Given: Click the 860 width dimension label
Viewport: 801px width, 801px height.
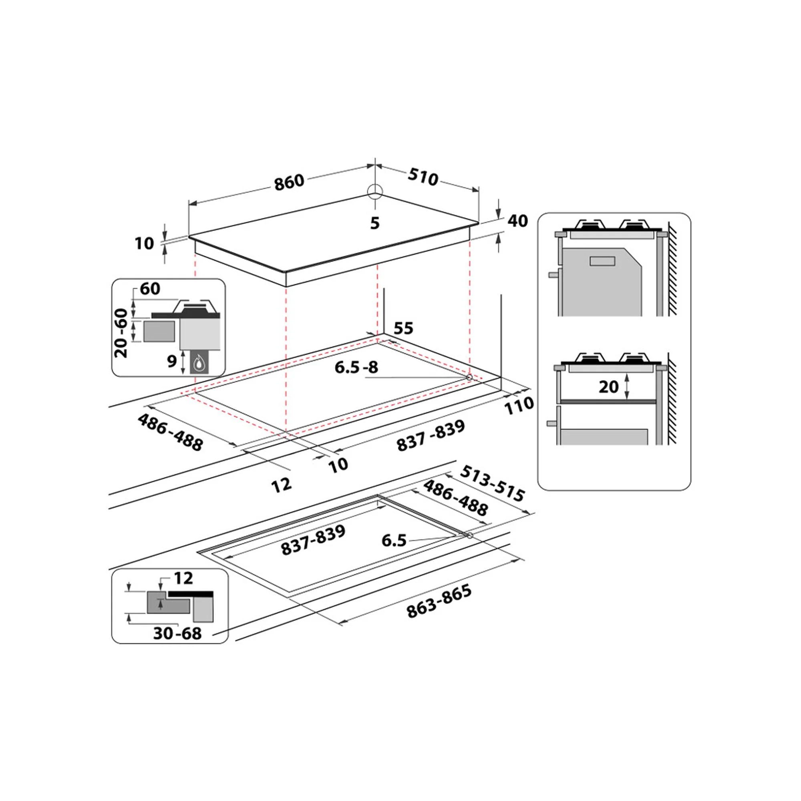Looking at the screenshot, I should tap(290, 182).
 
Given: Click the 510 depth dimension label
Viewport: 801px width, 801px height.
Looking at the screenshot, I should tap(423, 177).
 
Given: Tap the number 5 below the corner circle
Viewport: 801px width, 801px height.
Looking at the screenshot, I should tap(375, 223).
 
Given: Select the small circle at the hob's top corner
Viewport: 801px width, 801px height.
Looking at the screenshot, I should tap(375, 191).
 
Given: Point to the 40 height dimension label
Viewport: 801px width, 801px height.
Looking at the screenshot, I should tap(518, 221).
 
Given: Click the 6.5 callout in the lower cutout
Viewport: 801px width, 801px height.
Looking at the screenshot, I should tap(393, 541).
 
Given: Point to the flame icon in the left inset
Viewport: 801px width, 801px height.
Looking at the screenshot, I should tap(199, 363).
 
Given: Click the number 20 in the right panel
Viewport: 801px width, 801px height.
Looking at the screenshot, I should tap(609, 387).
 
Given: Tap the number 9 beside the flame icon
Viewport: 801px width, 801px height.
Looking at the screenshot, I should tap(172, 362).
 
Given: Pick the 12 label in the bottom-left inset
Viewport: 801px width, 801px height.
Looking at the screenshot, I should tap(183, 578).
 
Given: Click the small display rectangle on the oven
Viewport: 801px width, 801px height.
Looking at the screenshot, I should tap(602, 261).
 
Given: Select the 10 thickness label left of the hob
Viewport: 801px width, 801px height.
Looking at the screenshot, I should tap(144, 244).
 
